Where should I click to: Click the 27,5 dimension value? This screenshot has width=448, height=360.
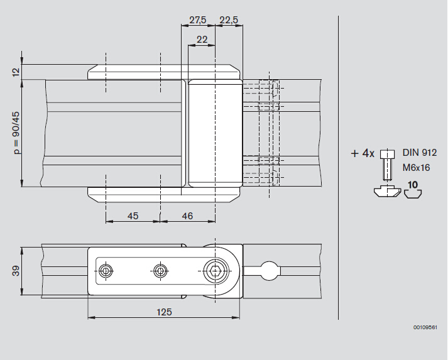coord(198,20)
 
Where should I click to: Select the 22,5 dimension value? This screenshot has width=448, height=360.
coord(229,20)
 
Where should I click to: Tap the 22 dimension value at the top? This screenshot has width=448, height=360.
coord(202,40)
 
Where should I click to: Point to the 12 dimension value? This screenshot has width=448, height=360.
coord(16,72)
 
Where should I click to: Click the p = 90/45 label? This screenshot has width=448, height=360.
coord(16,133)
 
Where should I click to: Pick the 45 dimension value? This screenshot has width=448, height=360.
coord(133,216)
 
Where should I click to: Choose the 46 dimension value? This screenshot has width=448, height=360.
coord(187,216)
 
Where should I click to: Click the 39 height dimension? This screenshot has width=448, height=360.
coord(16,271)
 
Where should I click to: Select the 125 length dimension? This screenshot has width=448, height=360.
coord(164,312)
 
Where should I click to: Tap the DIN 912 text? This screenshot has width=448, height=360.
coord(420,153)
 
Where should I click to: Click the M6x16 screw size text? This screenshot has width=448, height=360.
coord(417,168)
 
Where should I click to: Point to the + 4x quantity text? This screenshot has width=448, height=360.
coord(363,154)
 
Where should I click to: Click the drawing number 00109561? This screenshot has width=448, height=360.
coord(425,327)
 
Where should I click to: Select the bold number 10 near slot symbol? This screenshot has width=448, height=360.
coord(413,185)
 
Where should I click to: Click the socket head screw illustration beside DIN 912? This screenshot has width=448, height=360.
coord(388,165)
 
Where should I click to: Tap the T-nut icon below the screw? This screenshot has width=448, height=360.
coord(388,191)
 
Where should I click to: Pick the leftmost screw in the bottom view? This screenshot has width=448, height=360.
coord(106,271)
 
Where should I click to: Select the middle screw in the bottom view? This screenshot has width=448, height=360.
coord(160,271)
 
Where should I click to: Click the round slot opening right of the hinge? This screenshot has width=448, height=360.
coord(269,271)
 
